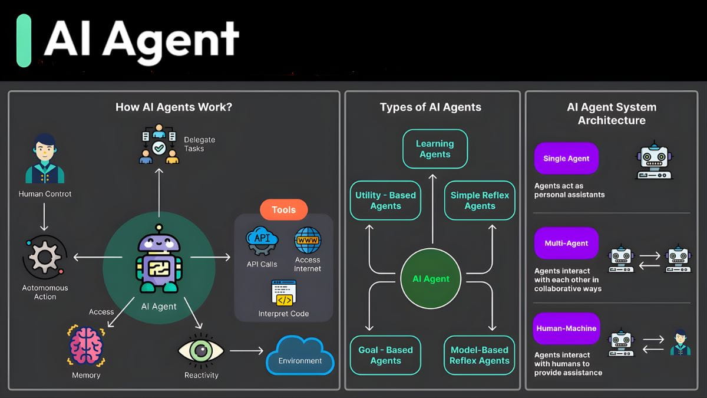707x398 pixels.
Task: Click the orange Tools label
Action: coord(283,210)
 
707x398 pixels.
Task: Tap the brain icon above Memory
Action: coord(86,346)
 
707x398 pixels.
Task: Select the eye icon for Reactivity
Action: coord(201,350)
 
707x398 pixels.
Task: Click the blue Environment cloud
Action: coord(300,356)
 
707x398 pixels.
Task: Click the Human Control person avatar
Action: coord(44,159)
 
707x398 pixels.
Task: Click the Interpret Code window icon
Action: coord(283,293)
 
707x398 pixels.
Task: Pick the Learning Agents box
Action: coord(435,149)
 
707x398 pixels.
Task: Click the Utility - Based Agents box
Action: coord(385,200)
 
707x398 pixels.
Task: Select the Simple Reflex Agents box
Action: coord(480,200)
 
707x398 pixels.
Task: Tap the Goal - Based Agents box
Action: coord(385,355)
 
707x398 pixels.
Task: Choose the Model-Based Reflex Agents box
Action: coord(479,355)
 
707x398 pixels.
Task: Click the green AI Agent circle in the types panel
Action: coord(431,279)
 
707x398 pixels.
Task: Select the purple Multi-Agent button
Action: coord(566,243)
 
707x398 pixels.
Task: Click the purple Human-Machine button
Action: coord(566,328)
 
